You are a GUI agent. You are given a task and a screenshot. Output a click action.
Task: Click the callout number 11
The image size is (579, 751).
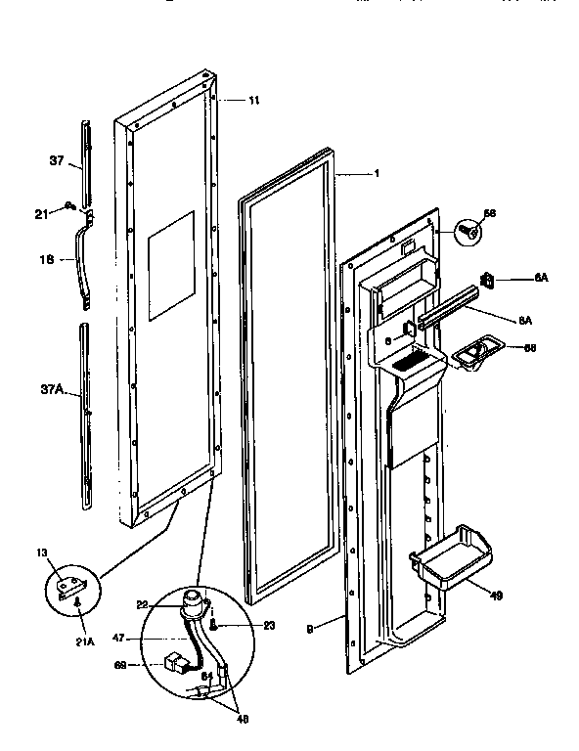pos(254,101)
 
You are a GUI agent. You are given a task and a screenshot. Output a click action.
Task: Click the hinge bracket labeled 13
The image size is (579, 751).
pos(70,588)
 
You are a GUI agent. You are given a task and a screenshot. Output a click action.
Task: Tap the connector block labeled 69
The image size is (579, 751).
pos(178,664)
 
